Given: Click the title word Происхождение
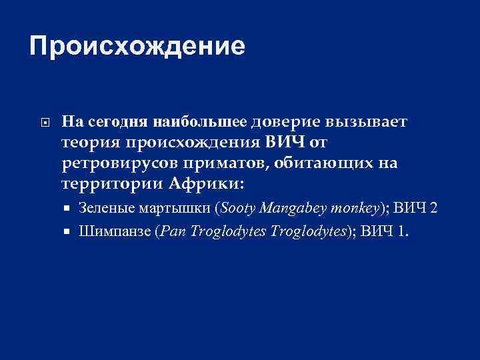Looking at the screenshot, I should click(137, 46).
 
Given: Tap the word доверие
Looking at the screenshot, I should click(286, 122).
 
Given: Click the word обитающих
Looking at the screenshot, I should click(329, 163).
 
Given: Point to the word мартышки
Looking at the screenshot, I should click(175, 208).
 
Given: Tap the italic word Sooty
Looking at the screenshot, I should click(237, 208).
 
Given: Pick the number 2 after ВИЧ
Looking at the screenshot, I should click(434, 208).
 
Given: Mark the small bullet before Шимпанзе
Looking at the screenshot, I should click(68, 232).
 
